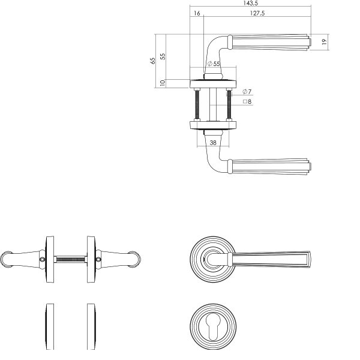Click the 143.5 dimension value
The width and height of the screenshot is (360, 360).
click(250, 3)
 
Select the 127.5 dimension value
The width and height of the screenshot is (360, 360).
click(257, 13)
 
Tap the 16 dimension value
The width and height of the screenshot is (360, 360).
click(197, 13)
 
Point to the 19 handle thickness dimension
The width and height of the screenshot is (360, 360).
click(324, 42)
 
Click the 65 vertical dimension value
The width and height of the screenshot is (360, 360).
click(152, 61)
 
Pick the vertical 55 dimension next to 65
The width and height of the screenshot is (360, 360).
click(163, 56)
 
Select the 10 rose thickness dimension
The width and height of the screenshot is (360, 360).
click(163, 83)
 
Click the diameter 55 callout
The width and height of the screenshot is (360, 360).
click(214, 64)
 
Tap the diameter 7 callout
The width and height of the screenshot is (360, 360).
click(247, 92)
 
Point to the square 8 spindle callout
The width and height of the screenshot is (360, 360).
click(247, 101)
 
